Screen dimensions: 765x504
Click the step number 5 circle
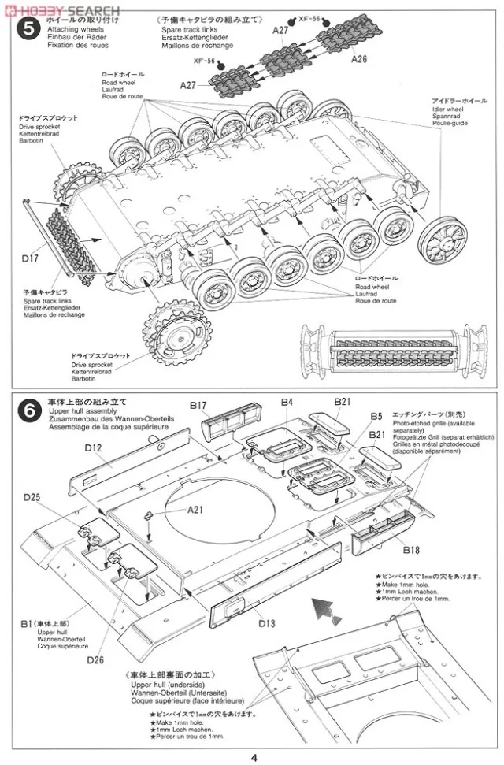click(x=29, y=32)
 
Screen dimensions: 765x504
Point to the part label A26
click(x=359, y=59)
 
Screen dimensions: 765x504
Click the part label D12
click(x=94, y=448)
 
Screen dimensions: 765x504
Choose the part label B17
click(x=198, y=406)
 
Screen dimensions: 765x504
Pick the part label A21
click(x=195, y=509)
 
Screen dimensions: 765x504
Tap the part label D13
click(x=266, y=623)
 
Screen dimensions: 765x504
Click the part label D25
click(x=32, y=497)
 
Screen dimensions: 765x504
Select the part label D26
click(x=96, y=659)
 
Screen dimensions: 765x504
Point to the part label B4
click(x=287, y=403)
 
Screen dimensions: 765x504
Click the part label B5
click(x=376, y=416)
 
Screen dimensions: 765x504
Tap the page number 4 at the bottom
click(x=253, y=758)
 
